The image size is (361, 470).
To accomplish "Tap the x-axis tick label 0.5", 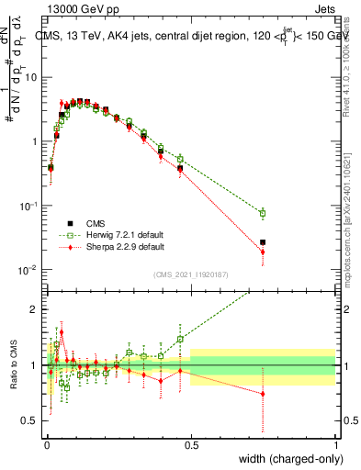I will tap(190, 445).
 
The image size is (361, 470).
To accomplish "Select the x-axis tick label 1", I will tap(335, 445).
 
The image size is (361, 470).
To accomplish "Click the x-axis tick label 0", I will tap(46, 445).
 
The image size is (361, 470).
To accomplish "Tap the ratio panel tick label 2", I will tap(36, 308).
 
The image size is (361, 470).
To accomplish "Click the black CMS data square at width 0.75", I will tap(263, 242).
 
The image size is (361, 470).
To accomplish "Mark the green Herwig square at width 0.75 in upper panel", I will tap(263, 213).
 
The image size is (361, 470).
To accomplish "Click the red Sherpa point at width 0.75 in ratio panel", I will tap(263, 394).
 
